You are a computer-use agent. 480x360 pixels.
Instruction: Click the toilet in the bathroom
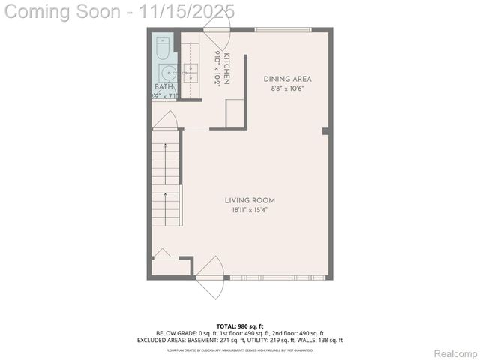pyautogui.click(x=163, y=49)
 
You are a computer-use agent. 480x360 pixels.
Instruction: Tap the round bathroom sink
pyautogui.click(x=166, y=73)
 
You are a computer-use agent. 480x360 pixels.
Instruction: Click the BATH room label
pyautogui.click(x=163, y=87)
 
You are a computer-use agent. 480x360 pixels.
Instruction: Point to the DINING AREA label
pyautogui.click(x=287, y=79)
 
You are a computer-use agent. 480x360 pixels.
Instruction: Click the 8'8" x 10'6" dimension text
pyautogui.click(x=287, y=88)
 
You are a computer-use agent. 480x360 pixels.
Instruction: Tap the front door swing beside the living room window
pyautogui.click(x=211, y=273)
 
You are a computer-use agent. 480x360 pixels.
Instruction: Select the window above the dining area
pyautogui.click(x=284, y=29)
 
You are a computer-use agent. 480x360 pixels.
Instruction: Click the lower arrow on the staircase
pyautogui.click(x=166, y=199)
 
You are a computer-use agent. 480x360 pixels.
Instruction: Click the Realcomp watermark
pyautogui.click(x=456, y=353)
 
